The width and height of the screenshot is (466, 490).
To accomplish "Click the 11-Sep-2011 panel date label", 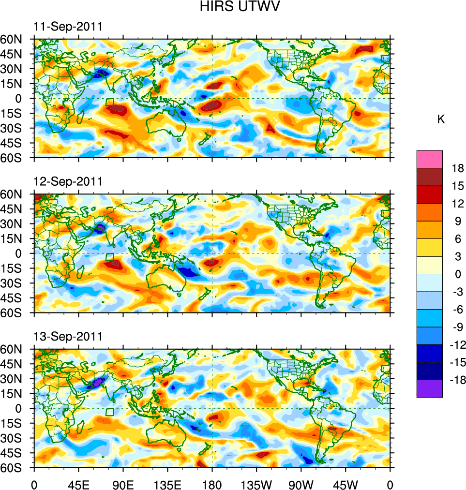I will [x=68, y=27].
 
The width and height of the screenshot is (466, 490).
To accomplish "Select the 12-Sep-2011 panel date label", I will [x=68, y=181].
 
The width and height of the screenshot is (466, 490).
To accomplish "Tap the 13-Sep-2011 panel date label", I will [x=68, y=336].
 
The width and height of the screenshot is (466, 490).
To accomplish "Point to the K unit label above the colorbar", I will [x=441, y=119].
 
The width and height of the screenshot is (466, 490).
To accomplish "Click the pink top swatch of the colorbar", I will [x=429, y=159].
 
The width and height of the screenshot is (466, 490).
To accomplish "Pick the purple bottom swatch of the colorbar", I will [x=429, y=388].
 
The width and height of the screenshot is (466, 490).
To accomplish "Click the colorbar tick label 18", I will [x=458, y=168].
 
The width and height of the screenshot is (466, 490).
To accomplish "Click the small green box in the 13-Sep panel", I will [x=110, y=412].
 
